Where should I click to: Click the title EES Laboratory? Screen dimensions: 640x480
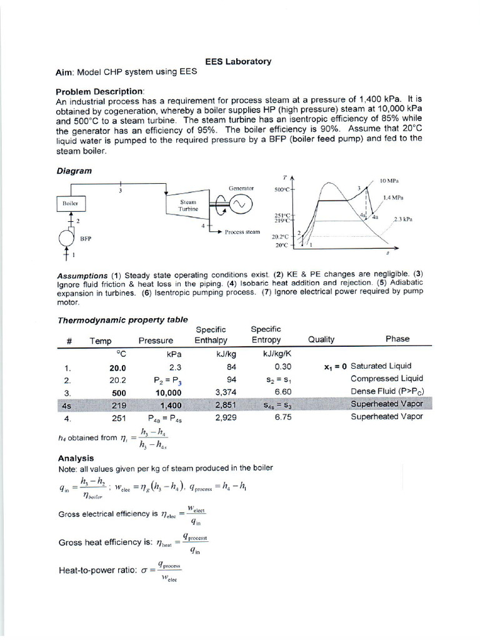coord(238,61)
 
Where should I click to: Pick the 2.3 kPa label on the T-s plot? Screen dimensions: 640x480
coord(402,219)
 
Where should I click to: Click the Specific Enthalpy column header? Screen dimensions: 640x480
coord(211,334)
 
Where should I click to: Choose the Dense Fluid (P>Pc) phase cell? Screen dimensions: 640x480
coord(387,392)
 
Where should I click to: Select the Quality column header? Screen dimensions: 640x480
coord(321,339)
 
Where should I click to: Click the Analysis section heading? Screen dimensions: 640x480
coord(76,457)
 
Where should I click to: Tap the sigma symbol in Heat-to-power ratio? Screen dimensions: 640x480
coord(144,571)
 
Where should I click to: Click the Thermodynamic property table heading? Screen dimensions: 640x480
coord(122,319)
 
